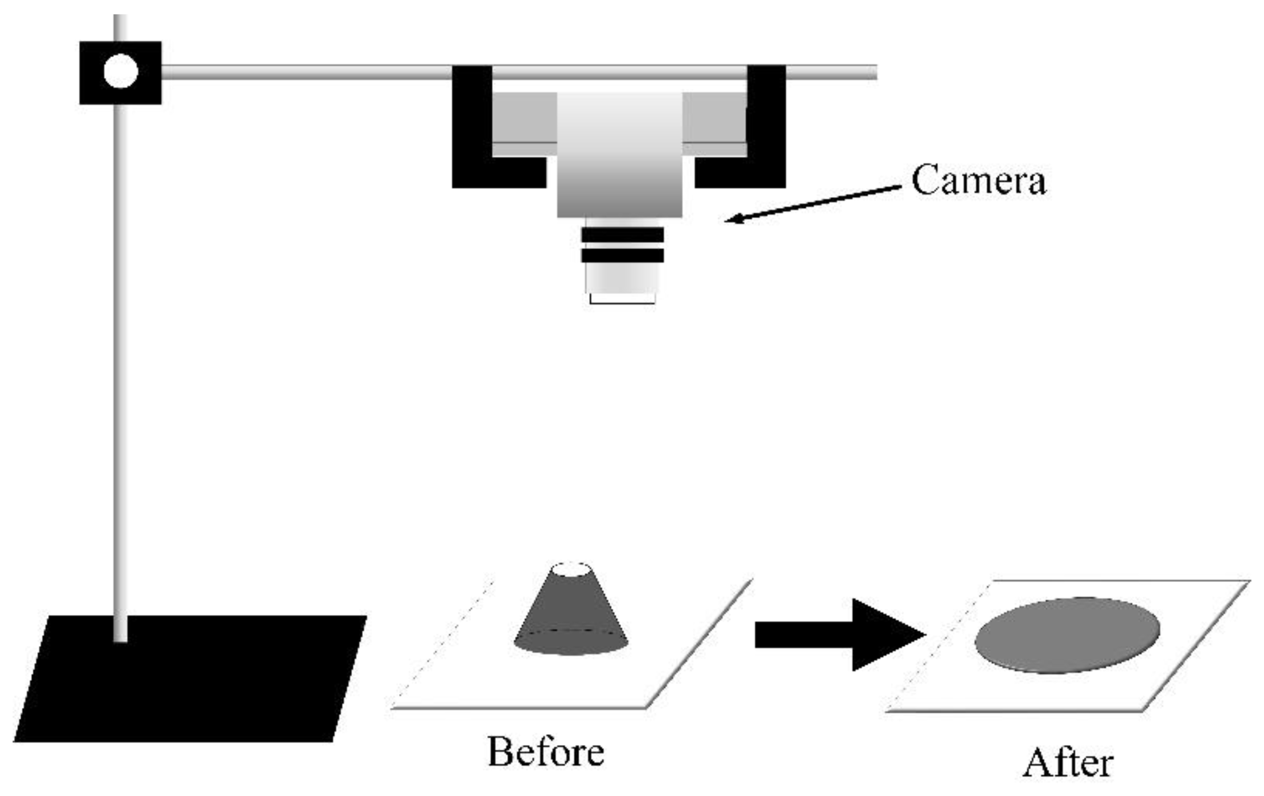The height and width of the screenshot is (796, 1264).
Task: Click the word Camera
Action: (x=978, y=180)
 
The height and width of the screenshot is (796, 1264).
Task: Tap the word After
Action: (x=1068, y=763)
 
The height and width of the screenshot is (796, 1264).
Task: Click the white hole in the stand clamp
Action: (x=121, y=72)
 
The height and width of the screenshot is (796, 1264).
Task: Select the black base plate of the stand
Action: (x=189, y=681)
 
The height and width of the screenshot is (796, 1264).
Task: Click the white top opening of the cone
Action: (x=571, y=570)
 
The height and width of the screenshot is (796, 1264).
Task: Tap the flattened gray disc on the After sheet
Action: (x=1067, y=635)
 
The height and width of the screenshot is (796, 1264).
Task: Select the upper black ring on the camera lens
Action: (x=622, y=235)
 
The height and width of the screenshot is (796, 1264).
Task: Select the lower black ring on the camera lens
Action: (x=622, y=255)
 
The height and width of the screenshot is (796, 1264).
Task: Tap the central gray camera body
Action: (x=620, y=155)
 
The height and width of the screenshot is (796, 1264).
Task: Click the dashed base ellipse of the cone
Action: (x=571, y=632)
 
